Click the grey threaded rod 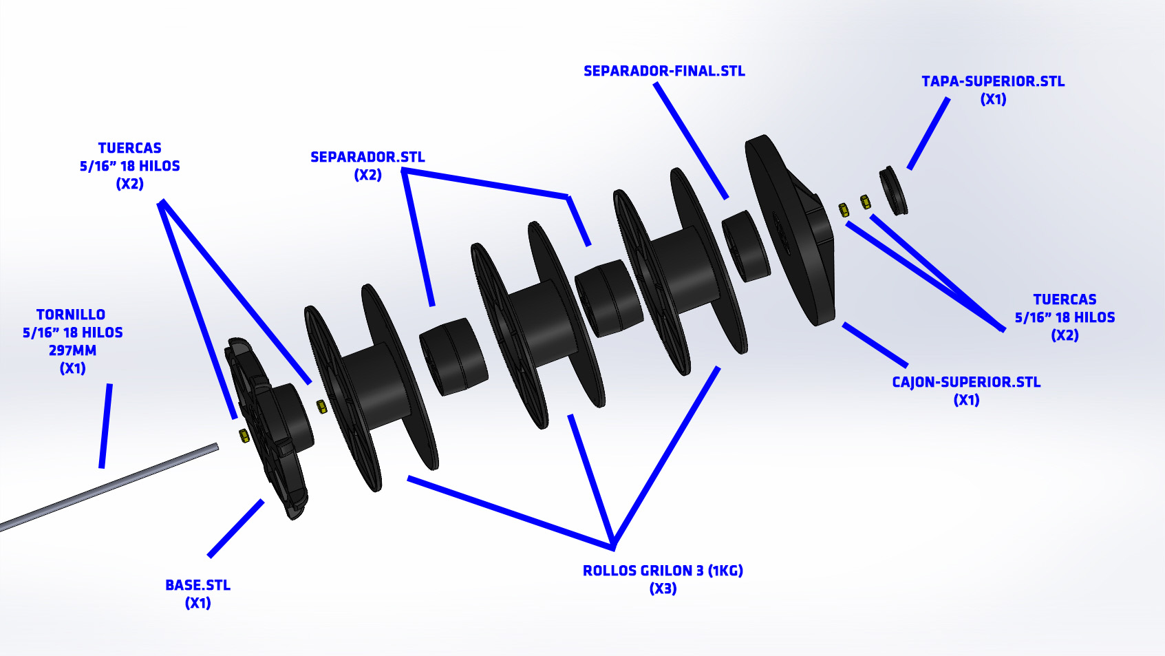pyautogui.click(x=108, y=487)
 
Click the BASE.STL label pyautogui.click(x=197, y=584)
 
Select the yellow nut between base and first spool pyautogui.click(x=321, y=406)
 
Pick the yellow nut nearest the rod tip pyautogui.click(x=244, y=436)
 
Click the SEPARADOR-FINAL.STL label pyautogui.click(x=664, y=71)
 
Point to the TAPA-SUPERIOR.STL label pyautogui.click(x=993, y=81)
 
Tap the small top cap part pyautogui.click(x=893, y=191)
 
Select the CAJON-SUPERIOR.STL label pyautogui.click(x=966, y=382)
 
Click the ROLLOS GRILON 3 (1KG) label pyautogui.click(x=663, y=570)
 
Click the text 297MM pyautogui.click(x=73, y=350)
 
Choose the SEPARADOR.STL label pyautogui.click(x=367, y=156)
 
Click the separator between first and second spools pyautogui.click(x=453, y=357)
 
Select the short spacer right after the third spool pyautogui.click(x=746, y=246)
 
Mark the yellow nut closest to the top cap pyautogui.click(x=865, y=201)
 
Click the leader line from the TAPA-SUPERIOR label pyautogui.click(x=928, y=133)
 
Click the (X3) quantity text pyautogui.click(x=663, y=589)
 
